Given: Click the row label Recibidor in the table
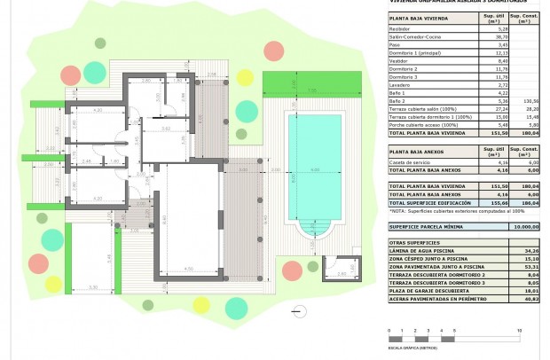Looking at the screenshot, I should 402,28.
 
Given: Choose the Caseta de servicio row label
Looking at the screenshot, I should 411,162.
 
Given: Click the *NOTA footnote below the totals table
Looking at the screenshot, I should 448,212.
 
